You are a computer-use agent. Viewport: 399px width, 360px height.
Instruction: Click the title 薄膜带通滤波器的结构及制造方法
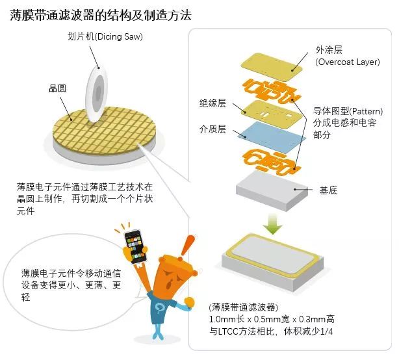click(x=101, y=15)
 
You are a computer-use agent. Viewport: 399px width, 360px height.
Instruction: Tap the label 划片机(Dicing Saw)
click(x=105, y=36)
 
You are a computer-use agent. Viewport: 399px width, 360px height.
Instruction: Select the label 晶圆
click(x=57, y=88)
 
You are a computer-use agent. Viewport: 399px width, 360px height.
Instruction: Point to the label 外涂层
click(x=329, y=50)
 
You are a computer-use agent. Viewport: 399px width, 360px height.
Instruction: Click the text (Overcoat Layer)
click(x=348, y=62)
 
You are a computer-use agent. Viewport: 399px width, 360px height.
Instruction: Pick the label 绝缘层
click(x=212, y=103)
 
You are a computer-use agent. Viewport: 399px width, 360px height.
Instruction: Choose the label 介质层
click(x=212, y=129)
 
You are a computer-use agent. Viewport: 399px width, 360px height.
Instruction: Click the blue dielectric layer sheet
click(x=272, y=136)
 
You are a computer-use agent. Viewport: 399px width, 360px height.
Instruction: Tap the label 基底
click(x=328, y=190)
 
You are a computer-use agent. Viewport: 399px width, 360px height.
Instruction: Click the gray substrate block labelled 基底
click(x=272, y=191)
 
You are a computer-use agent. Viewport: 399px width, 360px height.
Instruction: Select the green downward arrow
click(x=272, y=224)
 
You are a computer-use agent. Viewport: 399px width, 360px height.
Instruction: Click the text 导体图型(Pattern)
click(x=348, y=111)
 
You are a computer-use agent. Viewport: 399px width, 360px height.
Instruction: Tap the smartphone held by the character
click(x=136, y=246)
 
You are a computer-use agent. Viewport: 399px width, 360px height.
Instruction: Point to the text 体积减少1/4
click(x=309, y=331)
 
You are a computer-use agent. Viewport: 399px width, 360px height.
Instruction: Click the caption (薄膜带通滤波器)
click(x=244, y=307)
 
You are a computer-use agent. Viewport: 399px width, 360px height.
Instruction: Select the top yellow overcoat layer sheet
click(x=272, y=67)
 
